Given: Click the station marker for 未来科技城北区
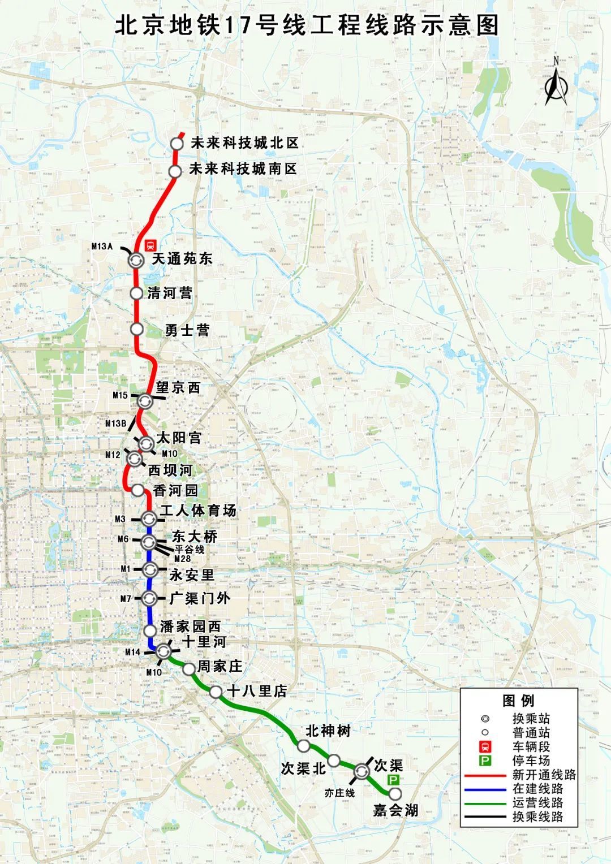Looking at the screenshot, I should click(177, 144).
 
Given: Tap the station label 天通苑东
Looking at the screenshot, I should click(182, 259).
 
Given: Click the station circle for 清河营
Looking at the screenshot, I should click(136, 293).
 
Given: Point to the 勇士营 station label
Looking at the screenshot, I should click(187, 330).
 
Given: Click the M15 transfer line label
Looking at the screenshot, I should click(120, 395).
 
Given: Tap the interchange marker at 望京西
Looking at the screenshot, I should click(145, 401).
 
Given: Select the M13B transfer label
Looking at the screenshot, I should click(115, 424).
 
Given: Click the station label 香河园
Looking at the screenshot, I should click(175, 490).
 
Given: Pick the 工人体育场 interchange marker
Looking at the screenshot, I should click(149, 518).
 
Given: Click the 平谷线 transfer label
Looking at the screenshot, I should click(189, 549).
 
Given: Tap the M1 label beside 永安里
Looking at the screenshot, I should click(126, 569).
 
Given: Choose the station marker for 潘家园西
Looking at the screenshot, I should click(150, 630).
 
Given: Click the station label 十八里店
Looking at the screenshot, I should click(256, 691).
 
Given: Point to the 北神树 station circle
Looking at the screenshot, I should click(304, 746).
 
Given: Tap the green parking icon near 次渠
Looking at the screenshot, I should click(393, 780).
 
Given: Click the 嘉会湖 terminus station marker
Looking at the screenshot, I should click(395, 794).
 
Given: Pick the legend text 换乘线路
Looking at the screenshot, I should click(537, 817).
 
